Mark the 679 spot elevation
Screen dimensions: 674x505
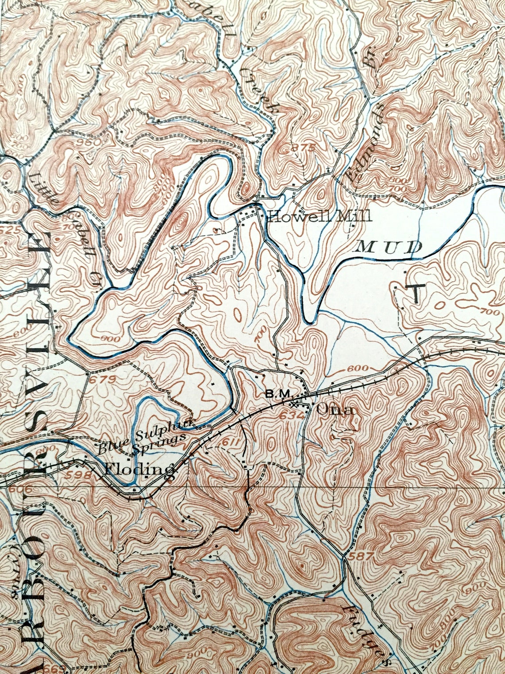point(102,379)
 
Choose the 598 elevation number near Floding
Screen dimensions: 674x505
point(84,474)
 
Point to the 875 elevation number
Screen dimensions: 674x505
point(301,148)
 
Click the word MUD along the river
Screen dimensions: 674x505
point(388,247)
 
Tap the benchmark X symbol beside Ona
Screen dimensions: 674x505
point(293,404)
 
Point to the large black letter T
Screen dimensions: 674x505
point(416,293)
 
